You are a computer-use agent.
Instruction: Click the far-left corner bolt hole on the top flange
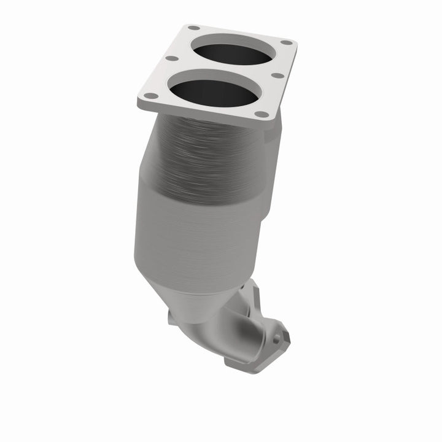tap(193, 28)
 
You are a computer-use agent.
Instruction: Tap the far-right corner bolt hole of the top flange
tap(286, 42)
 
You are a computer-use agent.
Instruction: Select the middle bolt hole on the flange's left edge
tap(172, 59)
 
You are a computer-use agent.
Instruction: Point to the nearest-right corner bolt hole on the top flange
tap(262, 114)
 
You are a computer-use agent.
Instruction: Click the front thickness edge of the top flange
tap(203, 114)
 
